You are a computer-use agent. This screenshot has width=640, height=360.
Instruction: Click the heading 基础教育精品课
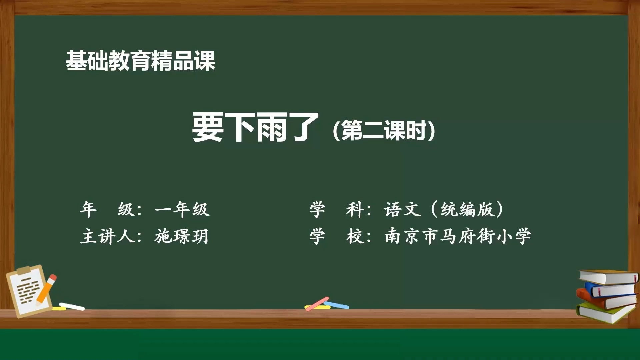140,61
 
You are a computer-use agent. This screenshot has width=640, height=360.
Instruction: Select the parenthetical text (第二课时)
384,130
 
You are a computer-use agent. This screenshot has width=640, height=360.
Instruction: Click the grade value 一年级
182,209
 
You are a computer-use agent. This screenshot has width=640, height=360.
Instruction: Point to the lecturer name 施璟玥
181,236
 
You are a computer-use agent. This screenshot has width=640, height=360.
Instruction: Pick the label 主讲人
107,236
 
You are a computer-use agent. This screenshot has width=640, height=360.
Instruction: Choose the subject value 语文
402,209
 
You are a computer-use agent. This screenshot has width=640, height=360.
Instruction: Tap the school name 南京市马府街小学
458,236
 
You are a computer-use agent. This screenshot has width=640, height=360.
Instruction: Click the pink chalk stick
317,304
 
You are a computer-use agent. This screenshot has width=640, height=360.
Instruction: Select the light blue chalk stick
337,305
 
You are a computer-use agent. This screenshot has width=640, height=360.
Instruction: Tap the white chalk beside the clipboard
72,306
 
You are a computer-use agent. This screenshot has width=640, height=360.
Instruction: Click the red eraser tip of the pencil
53,277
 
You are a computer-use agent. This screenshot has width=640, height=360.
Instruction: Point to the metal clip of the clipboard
24,270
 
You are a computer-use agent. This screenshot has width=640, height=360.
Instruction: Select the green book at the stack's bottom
605,313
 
